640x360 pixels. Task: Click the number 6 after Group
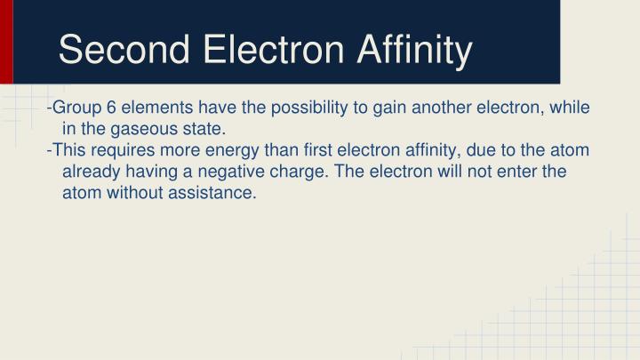pos(112,108)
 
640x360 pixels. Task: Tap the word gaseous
pos(138,130)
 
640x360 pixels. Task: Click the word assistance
pos(216,194)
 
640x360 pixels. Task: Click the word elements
pos(154,108)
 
